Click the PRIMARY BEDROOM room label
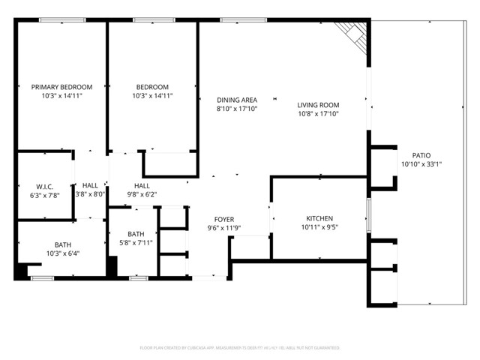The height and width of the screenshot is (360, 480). (x=61, y=87)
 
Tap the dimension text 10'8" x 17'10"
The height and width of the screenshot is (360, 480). (x=318, y=115)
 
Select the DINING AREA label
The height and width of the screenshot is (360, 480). (x=236, y=100)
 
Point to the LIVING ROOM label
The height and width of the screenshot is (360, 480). (x=318, y=105)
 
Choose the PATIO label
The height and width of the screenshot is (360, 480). (x=420, y=155)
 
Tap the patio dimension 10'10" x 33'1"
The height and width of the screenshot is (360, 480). (x=420, y=164)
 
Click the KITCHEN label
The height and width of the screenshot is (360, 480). (x=319, y=218)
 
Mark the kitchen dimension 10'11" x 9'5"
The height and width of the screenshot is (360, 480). (x=319, y=227)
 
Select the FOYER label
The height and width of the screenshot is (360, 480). (x=224, y=219)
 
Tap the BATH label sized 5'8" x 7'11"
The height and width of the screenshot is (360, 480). (x=135, y=233)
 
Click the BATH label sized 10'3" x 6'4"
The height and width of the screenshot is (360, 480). (x=62, y=244)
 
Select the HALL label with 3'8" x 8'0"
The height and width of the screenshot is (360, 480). (x=90, y=185)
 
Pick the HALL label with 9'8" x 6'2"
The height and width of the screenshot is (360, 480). (x=142, y=185)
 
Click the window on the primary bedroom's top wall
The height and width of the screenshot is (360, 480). (x=57, y=20)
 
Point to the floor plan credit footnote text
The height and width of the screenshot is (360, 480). (x=240, y=348)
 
